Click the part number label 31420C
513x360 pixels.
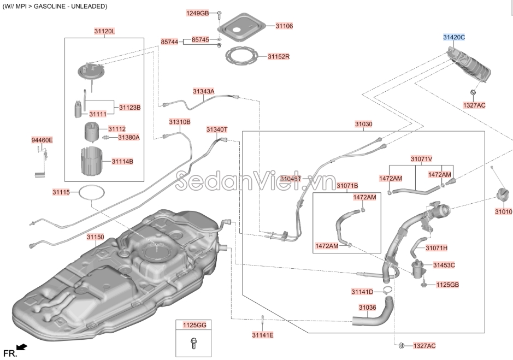click(x=453, y=37)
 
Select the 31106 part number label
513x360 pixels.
click(x=284, y=26)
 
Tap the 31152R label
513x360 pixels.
click(x=278, y=57)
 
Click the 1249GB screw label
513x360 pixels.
click(x=197, y=13)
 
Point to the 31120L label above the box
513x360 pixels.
click(x=104, y=32)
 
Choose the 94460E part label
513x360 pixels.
click(x=42, y=140)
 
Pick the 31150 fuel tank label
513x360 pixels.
click(x=95, y=237)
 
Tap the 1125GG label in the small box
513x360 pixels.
click(x=194, y=325)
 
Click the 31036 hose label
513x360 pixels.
click(x=367, y=308)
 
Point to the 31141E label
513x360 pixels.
click(x=263, y=335)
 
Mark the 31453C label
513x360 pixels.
click(x=444, y=265)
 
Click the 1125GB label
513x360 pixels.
click(x=447, y=285)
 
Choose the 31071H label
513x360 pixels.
click(x=437, y=248)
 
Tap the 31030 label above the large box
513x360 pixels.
click(x=363, y=125)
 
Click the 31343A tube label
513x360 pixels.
click(x=203, y=91)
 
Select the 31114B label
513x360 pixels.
click(x=122, y=162)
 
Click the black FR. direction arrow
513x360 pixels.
click(x=22, y=346)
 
